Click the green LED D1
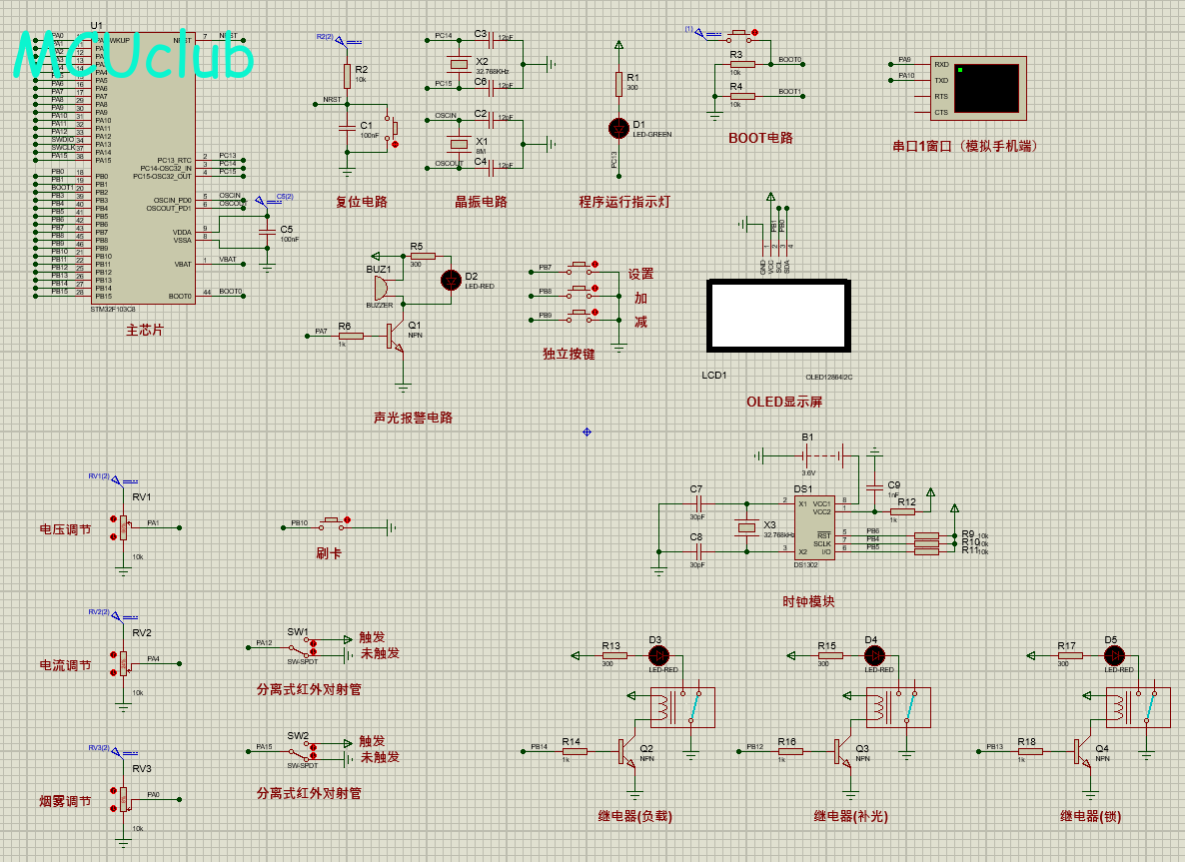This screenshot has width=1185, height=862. pyautogui.click(x=618, y=128)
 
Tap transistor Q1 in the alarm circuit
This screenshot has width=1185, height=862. pyautogui.click(x=396, y=335)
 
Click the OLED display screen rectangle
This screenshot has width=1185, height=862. pyautogui.click(x=778, y=316)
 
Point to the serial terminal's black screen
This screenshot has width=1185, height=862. pyautogui.click(x=987, y=88)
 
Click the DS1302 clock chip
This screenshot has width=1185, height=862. pyautogui.click(x=814, y=527)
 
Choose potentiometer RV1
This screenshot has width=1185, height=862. pyautogui.click(x=124, y=525)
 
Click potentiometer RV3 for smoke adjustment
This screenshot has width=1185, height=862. pyautogui.click(x=124, y=798)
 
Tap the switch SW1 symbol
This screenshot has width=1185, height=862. pyautogui.click(x=297, y=646)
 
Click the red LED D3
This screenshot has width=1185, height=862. pyautogui.click(x=658, y=655)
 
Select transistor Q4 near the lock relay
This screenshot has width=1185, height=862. pyautogui.click(x=1083, y=751)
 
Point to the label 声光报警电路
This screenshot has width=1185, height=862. pyautogui.click(x=413, y=418)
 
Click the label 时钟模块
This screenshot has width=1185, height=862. pyautogui.click(x=808, y=601)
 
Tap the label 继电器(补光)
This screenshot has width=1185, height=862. pyautogui.click(x=850, y=816)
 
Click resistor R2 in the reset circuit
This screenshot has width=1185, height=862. pyautogui.click(x=347, y=76)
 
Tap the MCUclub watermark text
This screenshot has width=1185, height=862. pyautogui.click(x=133, y=58)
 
